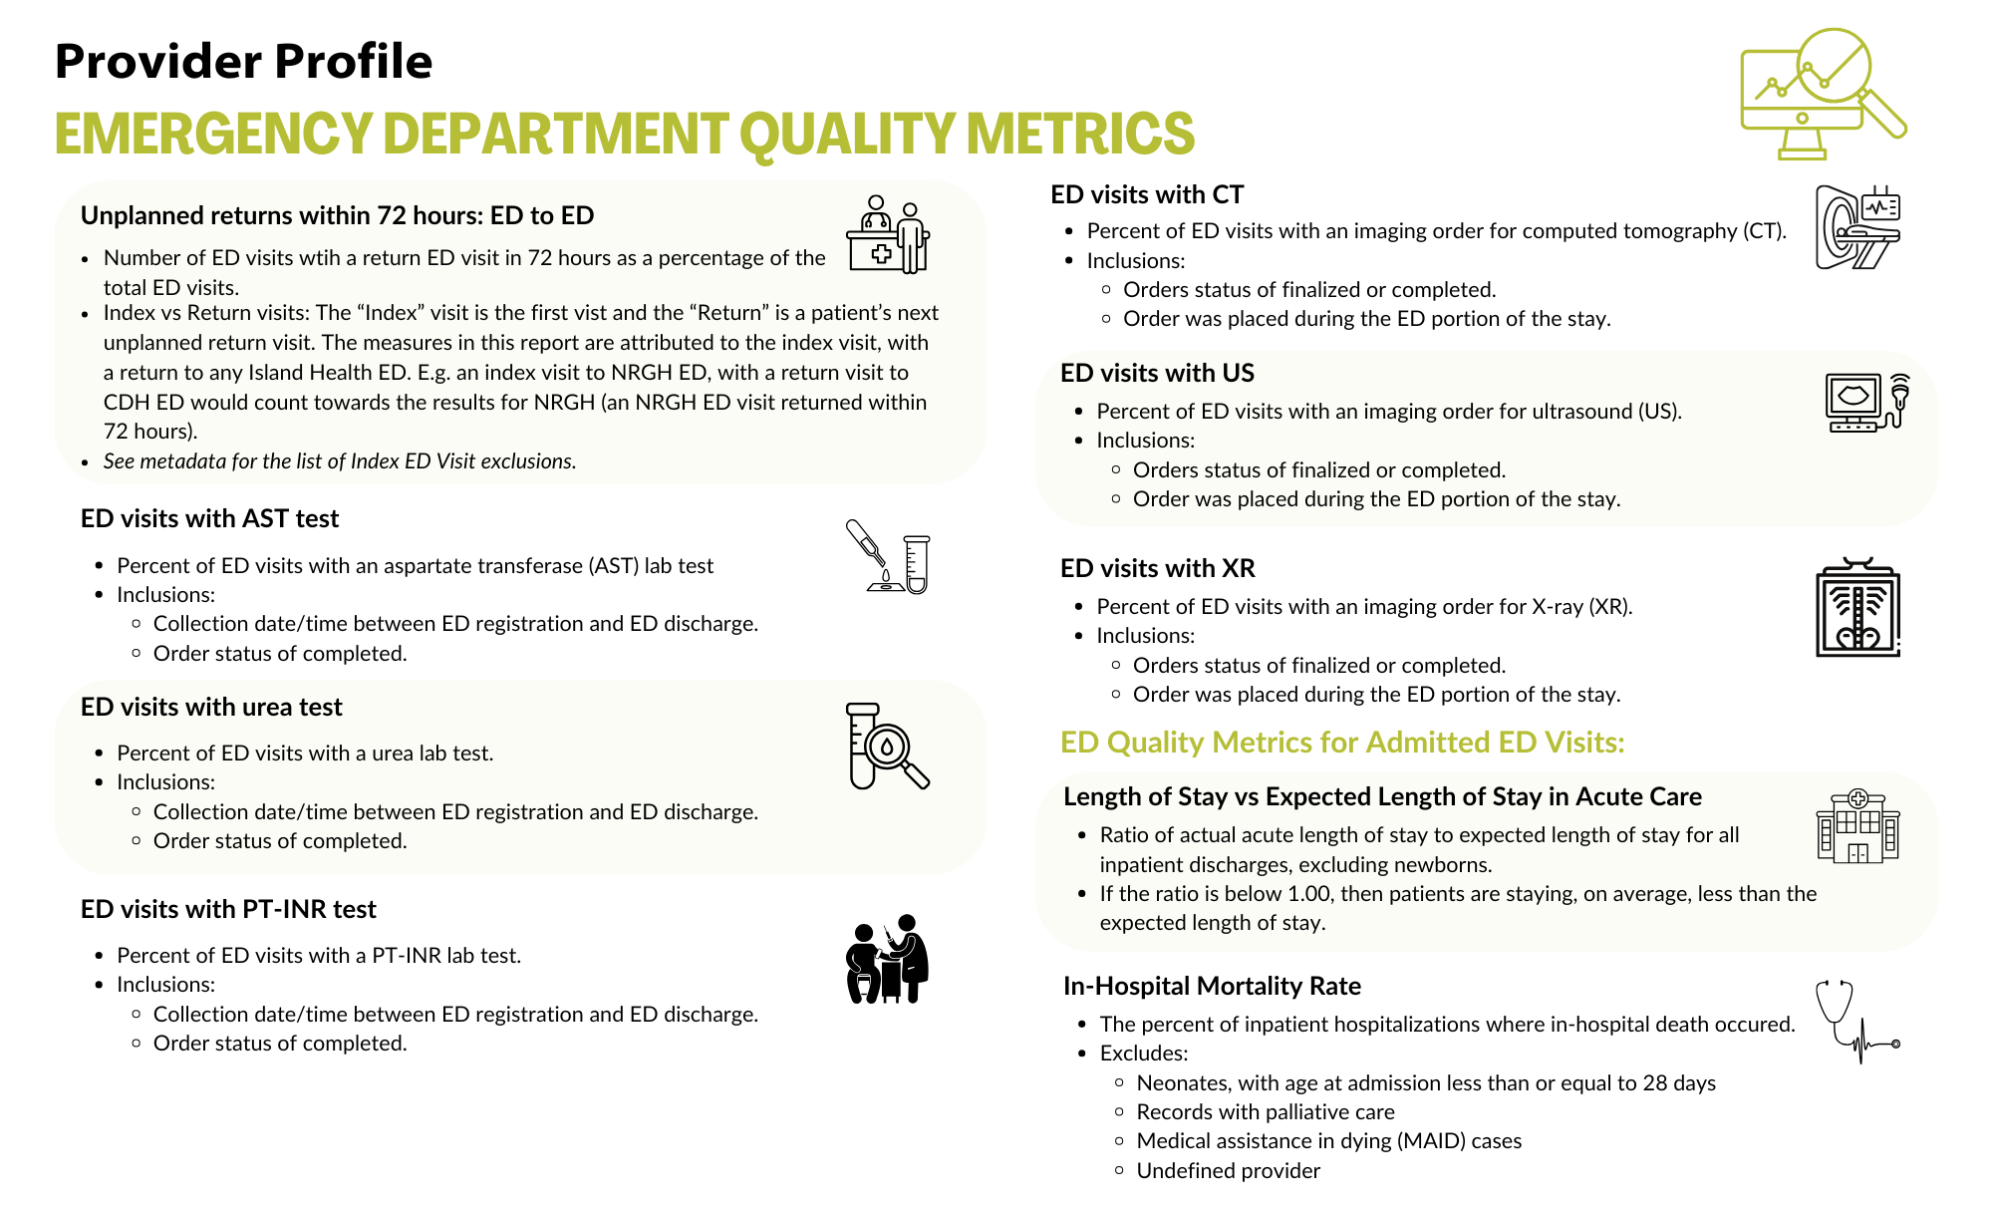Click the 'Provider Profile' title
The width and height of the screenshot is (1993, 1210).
pyautogui.click(x=243, y=62)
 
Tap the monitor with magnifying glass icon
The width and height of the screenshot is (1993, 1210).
pyautogui.click(x=1822, y=94)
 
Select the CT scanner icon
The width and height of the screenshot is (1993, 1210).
pyautogui.click(x=1857, y=227)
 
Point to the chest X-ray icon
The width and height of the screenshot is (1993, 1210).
pyautogui.click(x=1857, y=608)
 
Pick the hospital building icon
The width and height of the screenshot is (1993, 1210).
pyautogui.click(x=1857, y=826)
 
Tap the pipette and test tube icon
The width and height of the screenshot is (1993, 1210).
pyautogui.click(x=888, y=556)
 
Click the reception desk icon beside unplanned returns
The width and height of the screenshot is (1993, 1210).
pyautogui.click(x=888, y=235)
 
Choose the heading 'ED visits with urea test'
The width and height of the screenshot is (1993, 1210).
pyautogui.click(x=211, y=708)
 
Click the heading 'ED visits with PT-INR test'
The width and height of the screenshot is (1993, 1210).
pyautogui.click(x=228, y=910)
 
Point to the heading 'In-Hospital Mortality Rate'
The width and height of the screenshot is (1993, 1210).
pyautogui.click(x=1212, y=987)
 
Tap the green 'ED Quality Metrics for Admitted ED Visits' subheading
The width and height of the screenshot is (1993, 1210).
pyautogui.click(x=1342, y=744)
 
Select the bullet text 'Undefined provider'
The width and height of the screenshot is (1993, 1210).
pyautogui.click(x=1228, y=1171)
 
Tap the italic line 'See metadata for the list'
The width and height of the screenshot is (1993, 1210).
pyautogui.click(x=340, y=461)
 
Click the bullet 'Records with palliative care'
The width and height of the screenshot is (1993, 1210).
pyautogui.click(x=1266, y=1112)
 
